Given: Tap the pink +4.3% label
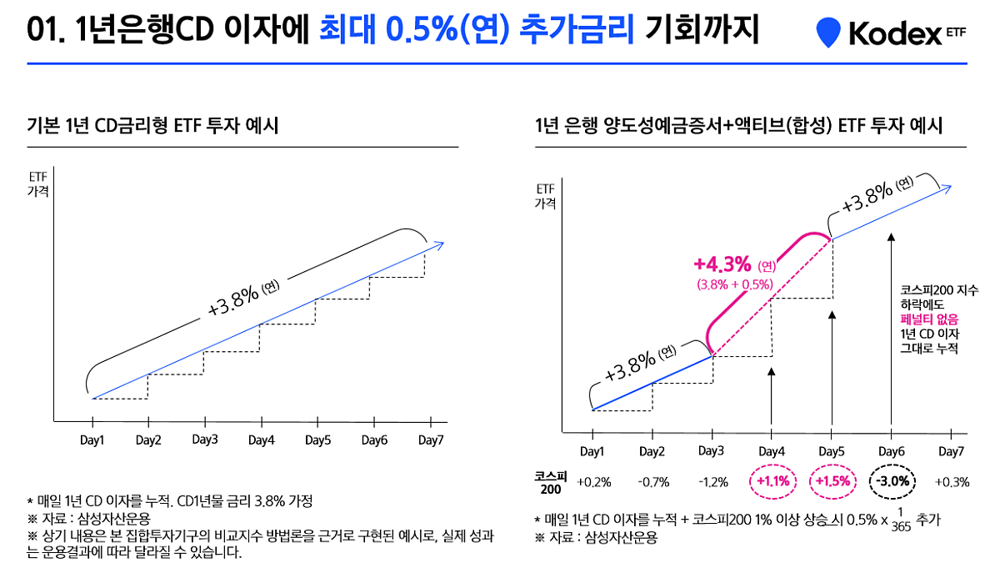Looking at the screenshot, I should click(723, 264).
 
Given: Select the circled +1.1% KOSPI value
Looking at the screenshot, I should click(772, 481).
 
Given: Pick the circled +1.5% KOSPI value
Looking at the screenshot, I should click(832, 481).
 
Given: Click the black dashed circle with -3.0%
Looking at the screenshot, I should click(892, 481).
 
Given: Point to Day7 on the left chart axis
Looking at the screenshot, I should click(431, 440).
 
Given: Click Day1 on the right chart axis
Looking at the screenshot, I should click(592, 451).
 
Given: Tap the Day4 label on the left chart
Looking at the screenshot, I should click(261, 440).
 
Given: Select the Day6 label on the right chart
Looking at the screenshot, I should click(891, 451).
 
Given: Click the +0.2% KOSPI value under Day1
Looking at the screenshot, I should click(593, 482).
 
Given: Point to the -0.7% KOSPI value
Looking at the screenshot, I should click(652, 482).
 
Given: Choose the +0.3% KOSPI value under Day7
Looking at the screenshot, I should click(952, 482).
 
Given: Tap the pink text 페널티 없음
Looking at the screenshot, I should click(929, 319).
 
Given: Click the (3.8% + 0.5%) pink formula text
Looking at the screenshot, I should click(735, 284).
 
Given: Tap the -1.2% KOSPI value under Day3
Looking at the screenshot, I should click(713, 482).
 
